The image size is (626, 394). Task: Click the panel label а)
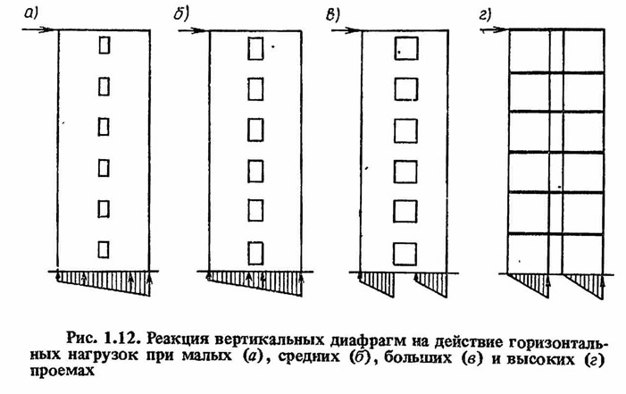click(30, 14)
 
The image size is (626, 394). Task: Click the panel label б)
click(181, 15)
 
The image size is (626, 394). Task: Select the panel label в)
click(332, 15)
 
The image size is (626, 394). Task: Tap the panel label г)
click(485, 15)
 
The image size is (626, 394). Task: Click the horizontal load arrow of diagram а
click(38, 29)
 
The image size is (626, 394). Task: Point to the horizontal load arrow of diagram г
click(493, 29)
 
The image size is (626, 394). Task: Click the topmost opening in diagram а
click(104, 45)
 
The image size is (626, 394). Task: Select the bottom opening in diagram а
click(104, 249)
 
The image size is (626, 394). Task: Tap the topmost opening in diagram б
click(255, 48)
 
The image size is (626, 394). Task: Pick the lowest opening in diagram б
click(255, 254)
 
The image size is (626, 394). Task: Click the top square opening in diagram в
click(406, 48)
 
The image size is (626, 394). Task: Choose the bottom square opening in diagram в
click(405, 254)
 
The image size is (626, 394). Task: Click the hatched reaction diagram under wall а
click(104, 283)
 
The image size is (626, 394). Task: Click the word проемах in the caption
click(63, 371)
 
